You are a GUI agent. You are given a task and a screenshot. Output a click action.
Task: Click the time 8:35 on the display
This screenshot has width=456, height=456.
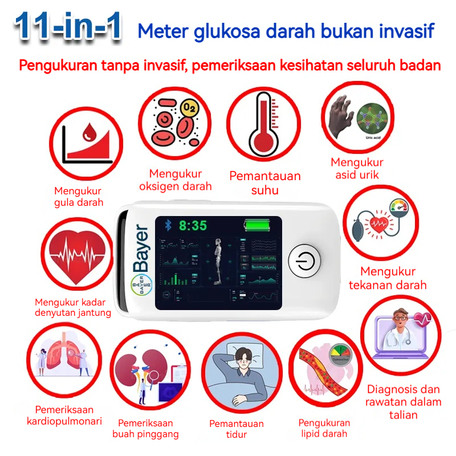193,226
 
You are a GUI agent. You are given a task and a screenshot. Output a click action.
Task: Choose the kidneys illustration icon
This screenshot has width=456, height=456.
146,370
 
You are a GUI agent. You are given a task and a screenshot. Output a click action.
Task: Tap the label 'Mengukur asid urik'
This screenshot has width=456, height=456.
357,169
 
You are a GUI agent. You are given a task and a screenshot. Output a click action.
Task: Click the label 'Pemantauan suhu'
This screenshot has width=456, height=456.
264,183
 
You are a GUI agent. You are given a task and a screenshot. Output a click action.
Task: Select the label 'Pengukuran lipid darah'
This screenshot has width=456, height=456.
324,428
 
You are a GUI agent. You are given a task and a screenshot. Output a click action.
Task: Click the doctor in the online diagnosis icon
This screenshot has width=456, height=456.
400,331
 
